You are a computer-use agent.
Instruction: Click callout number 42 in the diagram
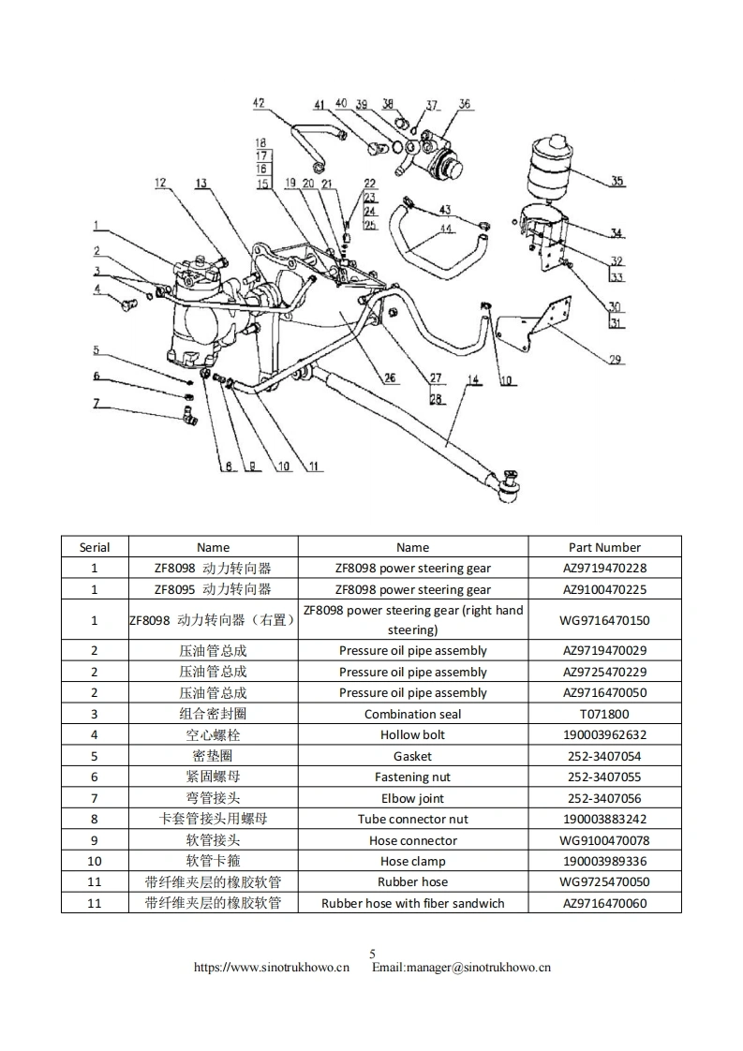coord(259,104)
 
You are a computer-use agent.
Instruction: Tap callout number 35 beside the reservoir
coord(617,182)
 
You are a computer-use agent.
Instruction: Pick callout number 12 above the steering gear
coord(161,184)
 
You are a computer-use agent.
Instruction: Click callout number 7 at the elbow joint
coord(96,404)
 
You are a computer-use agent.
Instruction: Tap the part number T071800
coord(604,714)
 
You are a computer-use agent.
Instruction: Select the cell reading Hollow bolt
coord(412,735)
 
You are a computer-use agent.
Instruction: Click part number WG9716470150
coord(604,620)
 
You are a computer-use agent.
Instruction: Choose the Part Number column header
coord(604,547)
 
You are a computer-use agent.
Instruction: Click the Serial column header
coord(95,547)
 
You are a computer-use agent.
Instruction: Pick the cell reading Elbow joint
coord(412,798)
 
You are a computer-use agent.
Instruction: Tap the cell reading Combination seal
coord(412,714)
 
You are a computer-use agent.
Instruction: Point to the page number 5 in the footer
coord(372,954)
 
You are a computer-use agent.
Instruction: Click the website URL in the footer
coord(272,968)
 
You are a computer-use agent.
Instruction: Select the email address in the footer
coord(461,968)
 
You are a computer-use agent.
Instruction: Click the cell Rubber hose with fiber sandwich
coord(412,903)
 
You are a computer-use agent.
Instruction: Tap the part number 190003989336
coord(604,861)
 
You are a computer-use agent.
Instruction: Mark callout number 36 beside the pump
coord(465,105)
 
